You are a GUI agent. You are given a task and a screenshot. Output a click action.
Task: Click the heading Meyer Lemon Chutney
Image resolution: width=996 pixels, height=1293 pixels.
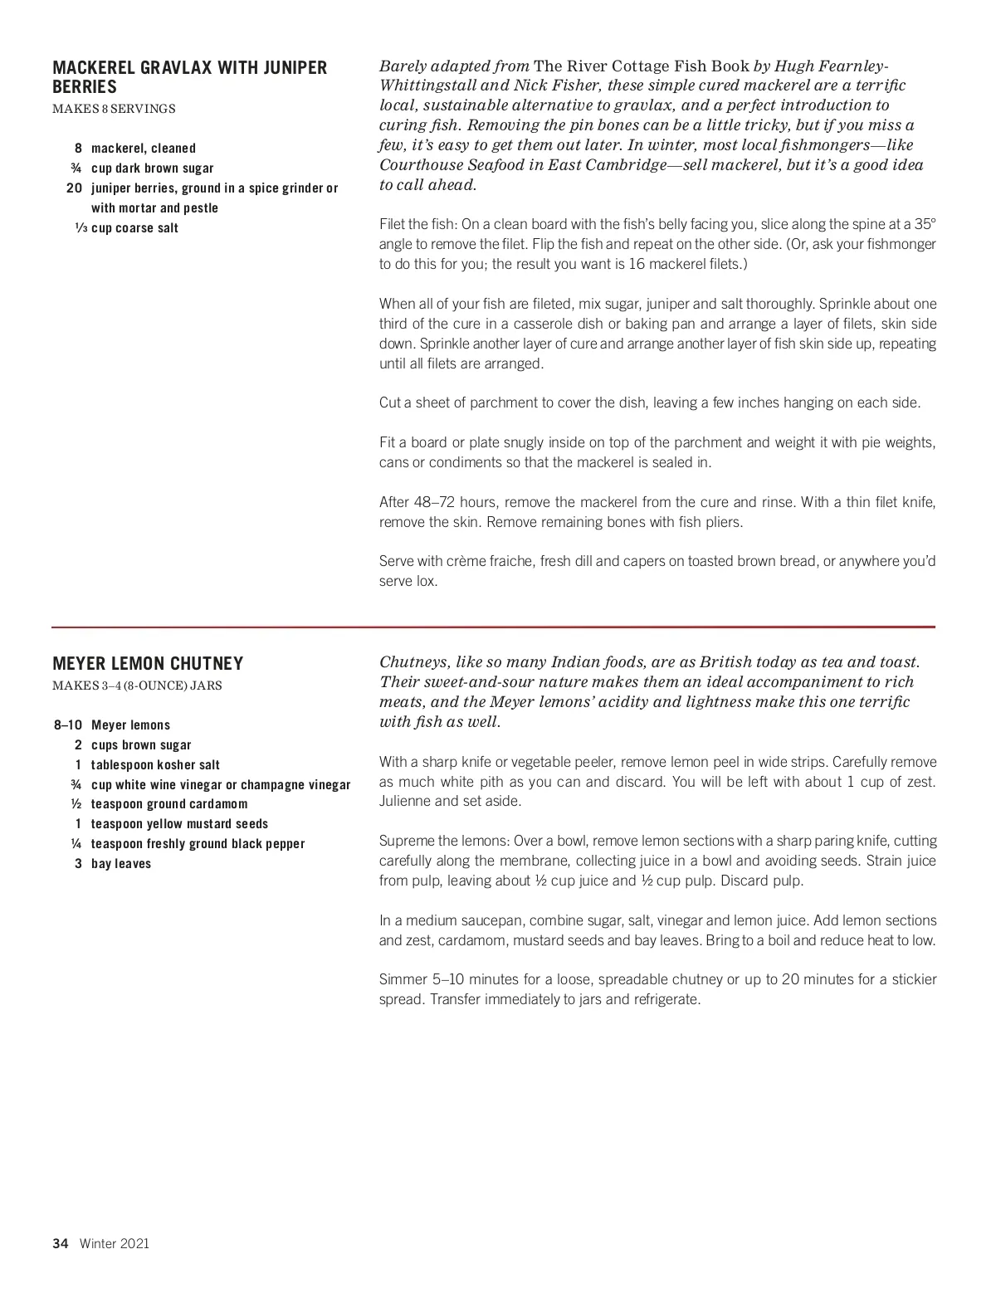[x=148, y=664]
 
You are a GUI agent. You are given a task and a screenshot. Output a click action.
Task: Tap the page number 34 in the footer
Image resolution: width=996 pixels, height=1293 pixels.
[x=60, y=1243]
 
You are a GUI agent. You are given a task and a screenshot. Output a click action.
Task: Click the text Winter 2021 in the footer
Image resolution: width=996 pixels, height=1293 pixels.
[x=115, y=1243]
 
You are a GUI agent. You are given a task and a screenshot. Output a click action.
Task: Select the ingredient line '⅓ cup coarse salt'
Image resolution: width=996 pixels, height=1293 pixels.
[x=126, y=228]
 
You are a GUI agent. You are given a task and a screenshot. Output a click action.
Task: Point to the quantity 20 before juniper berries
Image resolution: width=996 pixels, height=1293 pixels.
[x=74, y=188]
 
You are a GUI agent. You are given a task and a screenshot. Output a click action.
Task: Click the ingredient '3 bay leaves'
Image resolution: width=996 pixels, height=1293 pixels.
[x=114, y=864]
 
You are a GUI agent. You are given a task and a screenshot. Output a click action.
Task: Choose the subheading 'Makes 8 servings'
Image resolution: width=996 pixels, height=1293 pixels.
[x=114, y=109]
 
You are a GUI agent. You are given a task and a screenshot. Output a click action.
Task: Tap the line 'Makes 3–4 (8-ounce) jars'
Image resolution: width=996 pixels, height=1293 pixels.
[x=137, y=686]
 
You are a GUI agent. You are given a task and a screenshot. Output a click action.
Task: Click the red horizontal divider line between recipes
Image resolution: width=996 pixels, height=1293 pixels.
[x=493, y=627]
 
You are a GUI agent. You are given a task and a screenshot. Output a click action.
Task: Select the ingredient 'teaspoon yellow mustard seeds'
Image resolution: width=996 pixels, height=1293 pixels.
[x=179, y=824]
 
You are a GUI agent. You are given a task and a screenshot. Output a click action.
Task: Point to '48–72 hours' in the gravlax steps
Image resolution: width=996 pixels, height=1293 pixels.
[x=437, y=502]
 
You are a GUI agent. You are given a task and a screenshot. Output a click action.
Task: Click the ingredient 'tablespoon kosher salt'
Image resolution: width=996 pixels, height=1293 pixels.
[x=155, y=765]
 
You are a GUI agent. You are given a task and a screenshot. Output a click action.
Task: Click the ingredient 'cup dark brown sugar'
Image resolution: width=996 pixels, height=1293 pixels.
[x=152, y=168]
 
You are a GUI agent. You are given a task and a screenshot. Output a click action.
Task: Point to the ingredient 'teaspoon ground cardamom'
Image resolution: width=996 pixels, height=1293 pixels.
[x=169, y=804]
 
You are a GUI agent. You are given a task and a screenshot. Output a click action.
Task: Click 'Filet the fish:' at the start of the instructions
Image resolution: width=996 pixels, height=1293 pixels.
[x=417, y=224]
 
